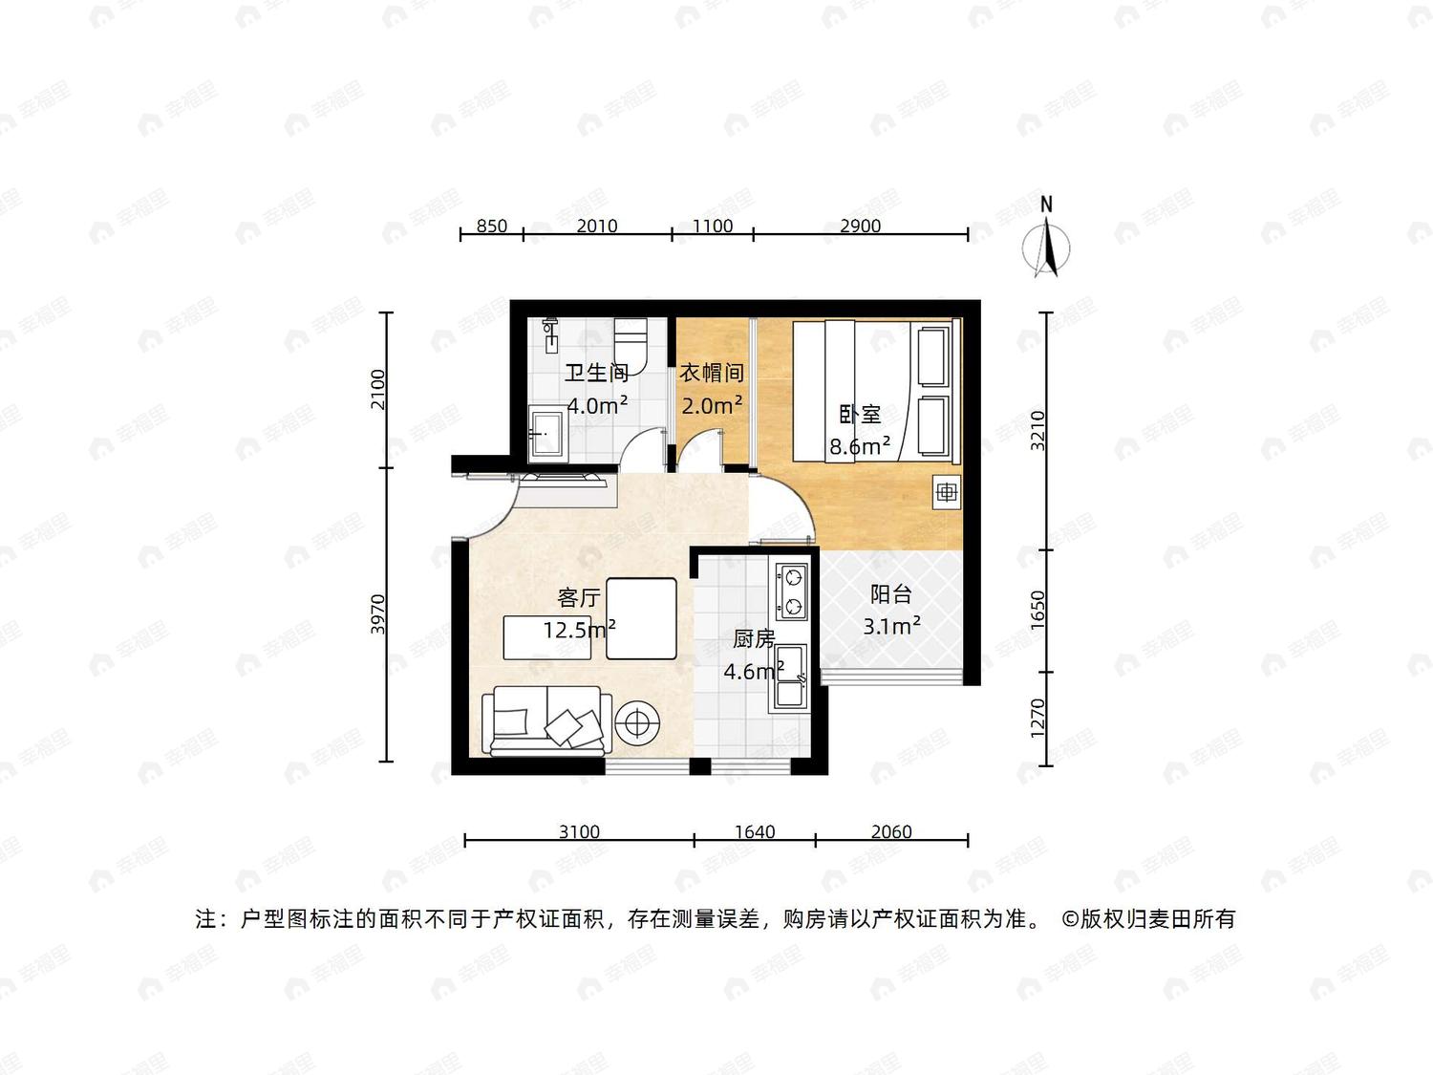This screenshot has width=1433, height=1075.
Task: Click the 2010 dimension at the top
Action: [597, 226]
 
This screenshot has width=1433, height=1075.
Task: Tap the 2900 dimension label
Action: [861, 226]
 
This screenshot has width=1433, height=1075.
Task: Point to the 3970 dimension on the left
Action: [378, 613]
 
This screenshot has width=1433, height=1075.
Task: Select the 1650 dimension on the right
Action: [1037, 611]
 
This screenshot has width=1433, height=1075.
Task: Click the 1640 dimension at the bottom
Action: [755, 831]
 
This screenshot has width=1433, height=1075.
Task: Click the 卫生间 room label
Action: [597, 373]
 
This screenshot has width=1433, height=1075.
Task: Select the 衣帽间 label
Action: [712, 373]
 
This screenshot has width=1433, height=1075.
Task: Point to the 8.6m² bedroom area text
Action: [860, 446]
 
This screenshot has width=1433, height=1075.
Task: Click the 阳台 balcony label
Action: [891, 594]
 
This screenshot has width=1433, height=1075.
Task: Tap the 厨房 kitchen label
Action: [754, 638]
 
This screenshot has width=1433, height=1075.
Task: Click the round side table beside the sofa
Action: [637, 723]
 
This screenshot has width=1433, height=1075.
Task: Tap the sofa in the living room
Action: [547, 720]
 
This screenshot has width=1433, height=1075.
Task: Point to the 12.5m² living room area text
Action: [580, 630]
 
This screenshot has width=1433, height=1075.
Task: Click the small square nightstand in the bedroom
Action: [947, 492]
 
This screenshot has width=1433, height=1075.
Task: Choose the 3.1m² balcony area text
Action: [891, 626]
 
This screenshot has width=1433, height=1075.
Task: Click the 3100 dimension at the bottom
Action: [579, 831]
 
